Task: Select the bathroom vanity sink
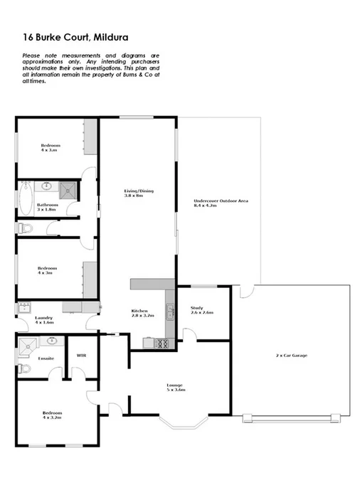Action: click(47, 186)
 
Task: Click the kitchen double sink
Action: click(170, 310)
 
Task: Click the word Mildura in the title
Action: click(110, 36)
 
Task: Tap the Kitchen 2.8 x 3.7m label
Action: click(139, 314)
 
